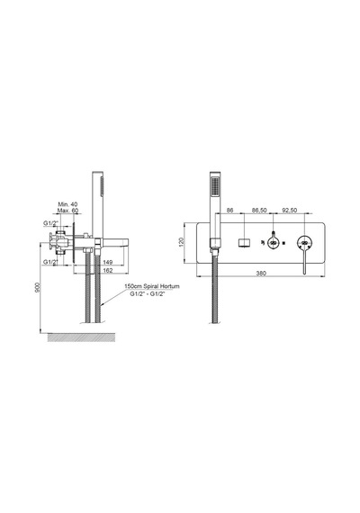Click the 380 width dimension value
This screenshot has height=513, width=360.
coord(261,274)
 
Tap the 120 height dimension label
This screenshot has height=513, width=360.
coord(182,242)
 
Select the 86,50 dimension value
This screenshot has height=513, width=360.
coord(259,211)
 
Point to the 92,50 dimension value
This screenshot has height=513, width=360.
coord(289,211)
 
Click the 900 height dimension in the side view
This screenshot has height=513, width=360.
coord(38,287)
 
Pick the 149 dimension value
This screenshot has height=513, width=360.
coord(108,262)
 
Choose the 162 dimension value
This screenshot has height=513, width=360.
coord(108,270)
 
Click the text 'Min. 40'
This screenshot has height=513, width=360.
coord(67,204)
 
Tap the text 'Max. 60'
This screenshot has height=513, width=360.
coord(67,211)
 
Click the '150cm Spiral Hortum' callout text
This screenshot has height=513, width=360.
coord(152,286)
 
